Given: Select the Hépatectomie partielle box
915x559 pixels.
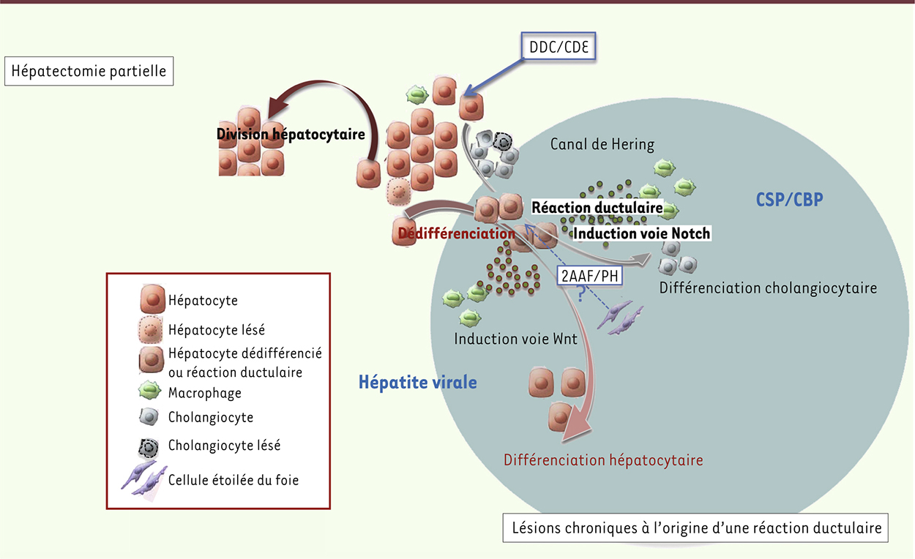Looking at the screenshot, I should click(89, 72).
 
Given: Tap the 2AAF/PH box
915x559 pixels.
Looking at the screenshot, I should click(589, 276).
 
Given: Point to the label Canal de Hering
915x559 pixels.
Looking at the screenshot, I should click(602, 144).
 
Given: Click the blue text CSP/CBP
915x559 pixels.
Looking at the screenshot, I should click(789, 199).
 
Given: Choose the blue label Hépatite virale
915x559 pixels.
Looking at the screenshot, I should click(417, 381).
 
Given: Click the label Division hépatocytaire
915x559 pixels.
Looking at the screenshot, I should click(290, 135).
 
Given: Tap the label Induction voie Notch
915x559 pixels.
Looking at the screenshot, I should click(641, 233).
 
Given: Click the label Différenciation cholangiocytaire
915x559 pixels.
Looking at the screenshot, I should click(768, 288).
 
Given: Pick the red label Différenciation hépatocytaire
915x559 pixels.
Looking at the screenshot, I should click(603, 460).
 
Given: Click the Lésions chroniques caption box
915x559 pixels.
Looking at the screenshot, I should click(695, 528).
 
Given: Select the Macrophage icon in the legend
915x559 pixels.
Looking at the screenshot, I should click(150, 391).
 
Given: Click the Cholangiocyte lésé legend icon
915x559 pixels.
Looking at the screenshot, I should click(150, 446).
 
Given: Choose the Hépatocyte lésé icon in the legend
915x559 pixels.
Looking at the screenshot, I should click(151, 330).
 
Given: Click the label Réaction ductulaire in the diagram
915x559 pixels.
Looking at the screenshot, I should click(597, 208).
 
